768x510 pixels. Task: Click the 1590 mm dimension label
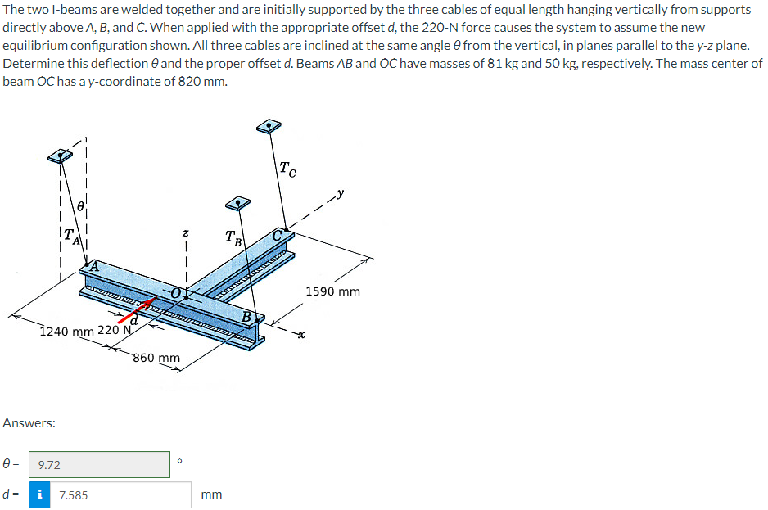pos(332,291)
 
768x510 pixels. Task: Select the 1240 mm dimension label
pos(66,331)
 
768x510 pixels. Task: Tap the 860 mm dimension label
pos(156,358)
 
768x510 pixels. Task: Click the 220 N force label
pos(114,331)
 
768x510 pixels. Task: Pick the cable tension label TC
pos(287,170)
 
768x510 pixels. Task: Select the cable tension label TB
pos(233,238)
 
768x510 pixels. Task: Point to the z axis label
pos(187,234)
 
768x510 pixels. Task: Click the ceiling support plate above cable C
pos(269,125)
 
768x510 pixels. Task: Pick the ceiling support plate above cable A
pos(59,156)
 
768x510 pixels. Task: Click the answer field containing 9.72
pos(98,464)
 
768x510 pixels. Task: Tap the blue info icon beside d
pos(38,494)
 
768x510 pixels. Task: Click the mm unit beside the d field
pos(211,494)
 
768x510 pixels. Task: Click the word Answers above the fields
pos(29,423)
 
